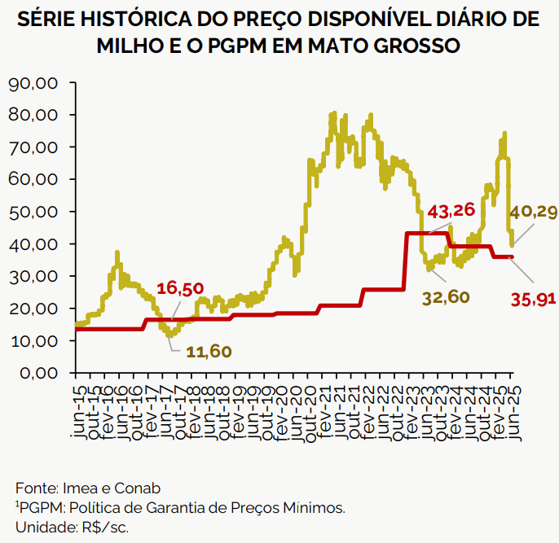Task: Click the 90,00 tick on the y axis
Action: tap(33, 83)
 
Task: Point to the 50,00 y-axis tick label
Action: tap(33, 212)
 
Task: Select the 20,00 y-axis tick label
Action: tap(33, 309)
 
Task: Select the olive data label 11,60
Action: tap(209, 352)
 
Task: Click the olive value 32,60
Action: tap(446, 297)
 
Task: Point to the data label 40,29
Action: tap(534, 212)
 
